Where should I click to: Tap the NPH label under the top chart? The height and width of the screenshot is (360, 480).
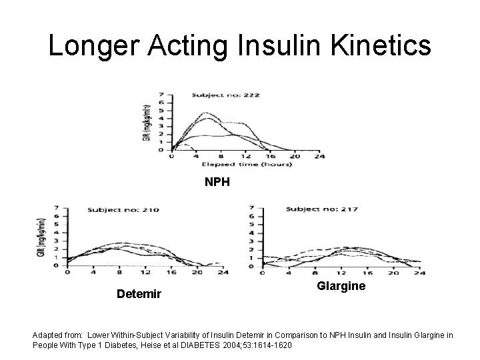(x=217, y=181)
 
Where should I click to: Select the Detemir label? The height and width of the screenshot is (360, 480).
(x=139, y=293)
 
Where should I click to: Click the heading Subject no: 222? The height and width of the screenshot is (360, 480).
(x=226, y=95)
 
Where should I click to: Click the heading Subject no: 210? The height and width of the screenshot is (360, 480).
(x=123, y=210)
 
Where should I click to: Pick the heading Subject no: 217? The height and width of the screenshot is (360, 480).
(x=321, y=209)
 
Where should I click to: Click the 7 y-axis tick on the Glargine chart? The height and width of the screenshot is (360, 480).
(x=250, y=207)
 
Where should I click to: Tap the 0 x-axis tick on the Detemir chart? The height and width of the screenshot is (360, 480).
(x=67, y=272)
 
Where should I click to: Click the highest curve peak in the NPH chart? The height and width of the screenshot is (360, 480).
(x=206, y=113)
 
